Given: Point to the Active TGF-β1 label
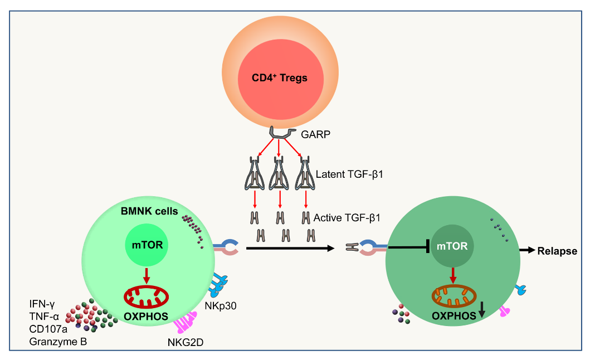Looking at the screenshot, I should [x=347, y=217].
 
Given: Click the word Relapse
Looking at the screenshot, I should [x=557, y=251].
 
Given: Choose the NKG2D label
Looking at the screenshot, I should [x=186, y=342].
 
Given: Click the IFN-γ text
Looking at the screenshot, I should [x=42, y=304].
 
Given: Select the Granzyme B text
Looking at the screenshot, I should [x=58, y=341].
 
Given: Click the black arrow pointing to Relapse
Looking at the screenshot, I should [x=526, y=251].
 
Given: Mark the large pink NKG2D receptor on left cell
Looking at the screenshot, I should [x=186, y=322].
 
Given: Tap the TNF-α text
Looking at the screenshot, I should [x=44, y=317].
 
